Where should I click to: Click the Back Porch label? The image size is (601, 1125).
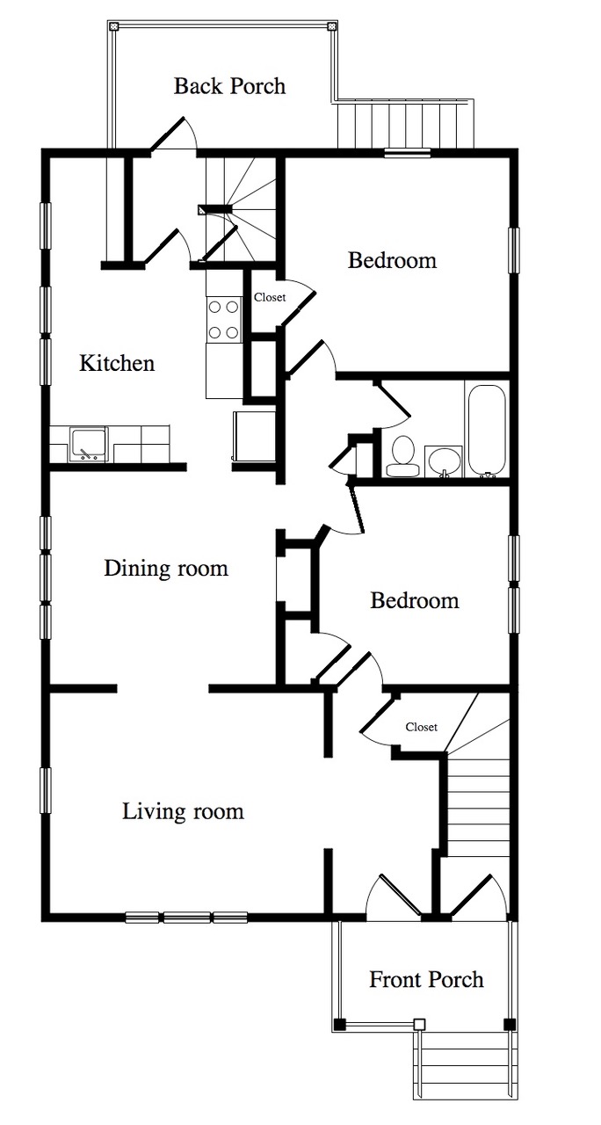[x=229, y=86]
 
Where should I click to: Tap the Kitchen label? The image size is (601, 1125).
[x=117, y=363]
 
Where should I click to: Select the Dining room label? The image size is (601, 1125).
[x=166, y=568]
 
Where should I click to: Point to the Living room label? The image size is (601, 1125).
[x=184, y=811]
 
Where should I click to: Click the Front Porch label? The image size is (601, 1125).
[x=426, y=979]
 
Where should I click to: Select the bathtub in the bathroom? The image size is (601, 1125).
[x=487, y=431]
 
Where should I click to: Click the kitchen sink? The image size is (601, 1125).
[x=89, y=445]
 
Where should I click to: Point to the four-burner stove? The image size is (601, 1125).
[x=224, y=319]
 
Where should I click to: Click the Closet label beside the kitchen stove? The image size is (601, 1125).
[x=270, y=297]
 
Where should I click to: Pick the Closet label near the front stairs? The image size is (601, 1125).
[x=421, y=727]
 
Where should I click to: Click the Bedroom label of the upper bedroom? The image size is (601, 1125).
[x=392, y=260]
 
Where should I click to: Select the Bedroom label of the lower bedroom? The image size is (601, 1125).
[x=415, y=600]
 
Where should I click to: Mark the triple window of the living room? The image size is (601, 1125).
[x=186, y=918]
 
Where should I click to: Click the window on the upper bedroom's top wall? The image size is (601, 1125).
[x=408, y=153]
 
